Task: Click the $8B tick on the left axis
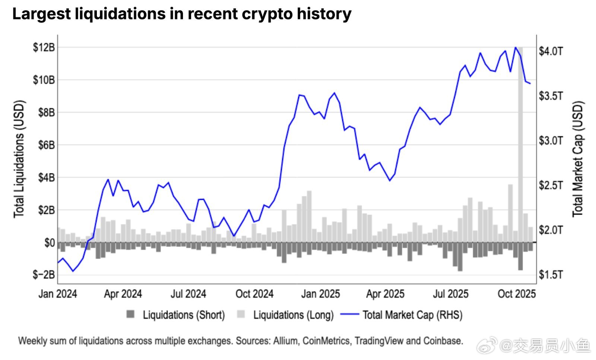[46, 113]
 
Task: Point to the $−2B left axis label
[44, 275]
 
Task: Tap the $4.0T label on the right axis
[551, 51]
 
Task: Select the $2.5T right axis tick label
[551, 185]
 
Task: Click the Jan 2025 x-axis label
[320, 294]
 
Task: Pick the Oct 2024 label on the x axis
[254, 294]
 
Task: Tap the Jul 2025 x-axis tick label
[450, 294]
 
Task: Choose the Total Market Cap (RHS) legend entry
[406, 315]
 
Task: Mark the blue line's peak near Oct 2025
[516, 47]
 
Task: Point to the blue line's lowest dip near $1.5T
[73, 271]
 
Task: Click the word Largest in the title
[41, 14]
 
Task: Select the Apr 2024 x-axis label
[123, 294]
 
